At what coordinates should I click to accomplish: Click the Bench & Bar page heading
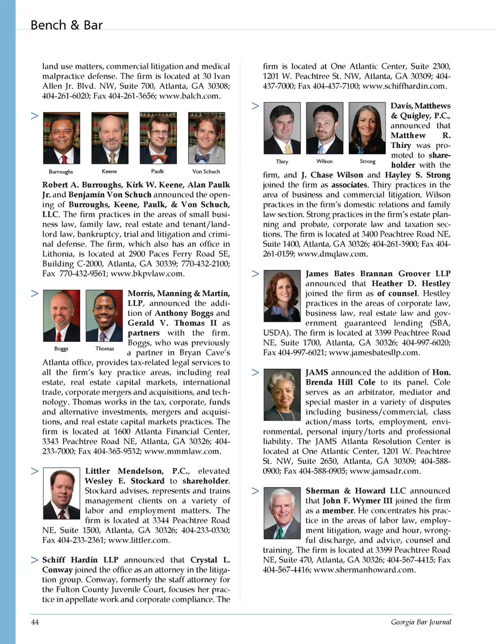(x=66, y=25)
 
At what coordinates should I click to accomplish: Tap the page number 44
(x=35, y=622)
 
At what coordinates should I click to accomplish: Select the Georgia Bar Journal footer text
(x=421, y=622)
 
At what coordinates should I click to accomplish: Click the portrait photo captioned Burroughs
(x=61, y=138)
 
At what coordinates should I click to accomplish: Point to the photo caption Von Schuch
(x=206, y=171)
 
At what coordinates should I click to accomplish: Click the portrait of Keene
(x=110, y=138)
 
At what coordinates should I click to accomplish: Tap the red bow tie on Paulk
(x=158, y=157)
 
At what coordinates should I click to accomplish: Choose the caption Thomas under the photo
(x=104, y=349)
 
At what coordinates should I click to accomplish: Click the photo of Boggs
(x=61, y=316)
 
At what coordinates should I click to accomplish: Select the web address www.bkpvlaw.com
(x=147, y=273)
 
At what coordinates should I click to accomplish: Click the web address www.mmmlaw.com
(x=182, y=451)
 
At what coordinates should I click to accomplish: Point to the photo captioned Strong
(x=367, y=128)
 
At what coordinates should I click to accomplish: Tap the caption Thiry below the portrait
(x=282, y=161)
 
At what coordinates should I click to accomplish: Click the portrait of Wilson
(x=324, y=128)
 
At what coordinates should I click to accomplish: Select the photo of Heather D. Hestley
(x=282, y=296)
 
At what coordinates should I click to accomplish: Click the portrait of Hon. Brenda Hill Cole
(x=282, y=395)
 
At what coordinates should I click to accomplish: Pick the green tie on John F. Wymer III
(x=280, y=533)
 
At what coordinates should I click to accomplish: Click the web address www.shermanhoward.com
(x=364, y=570)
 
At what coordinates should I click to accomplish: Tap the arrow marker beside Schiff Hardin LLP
(x=35, y=560)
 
